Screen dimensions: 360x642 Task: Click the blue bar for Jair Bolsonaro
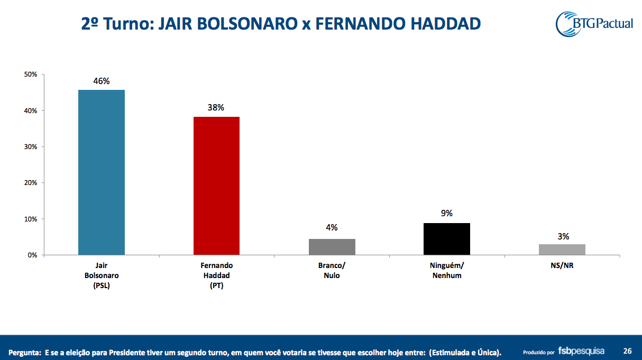[102, 172]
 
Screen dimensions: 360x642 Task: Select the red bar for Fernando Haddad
[216, 186]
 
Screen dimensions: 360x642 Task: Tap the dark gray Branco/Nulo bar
[332, 247]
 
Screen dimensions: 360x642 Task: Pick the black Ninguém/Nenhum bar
[447, 239]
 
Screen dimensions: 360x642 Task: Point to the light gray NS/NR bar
[562, 250]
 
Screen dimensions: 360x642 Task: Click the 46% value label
[102, 81]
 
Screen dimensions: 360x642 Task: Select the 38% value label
[216, 107]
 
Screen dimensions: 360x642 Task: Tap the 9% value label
[447, 214]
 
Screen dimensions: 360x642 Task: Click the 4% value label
[332, 227]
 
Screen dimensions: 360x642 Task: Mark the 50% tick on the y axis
[30, 75]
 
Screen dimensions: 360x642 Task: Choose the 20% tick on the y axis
[30, 183]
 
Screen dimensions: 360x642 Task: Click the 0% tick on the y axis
[32, 255]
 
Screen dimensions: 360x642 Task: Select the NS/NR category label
[562, 266]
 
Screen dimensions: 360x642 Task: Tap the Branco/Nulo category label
[332, 271]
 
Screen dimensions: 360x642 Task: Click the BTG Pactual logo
[594, 23]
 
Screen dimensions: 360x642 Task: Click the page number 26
[628, 350]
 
